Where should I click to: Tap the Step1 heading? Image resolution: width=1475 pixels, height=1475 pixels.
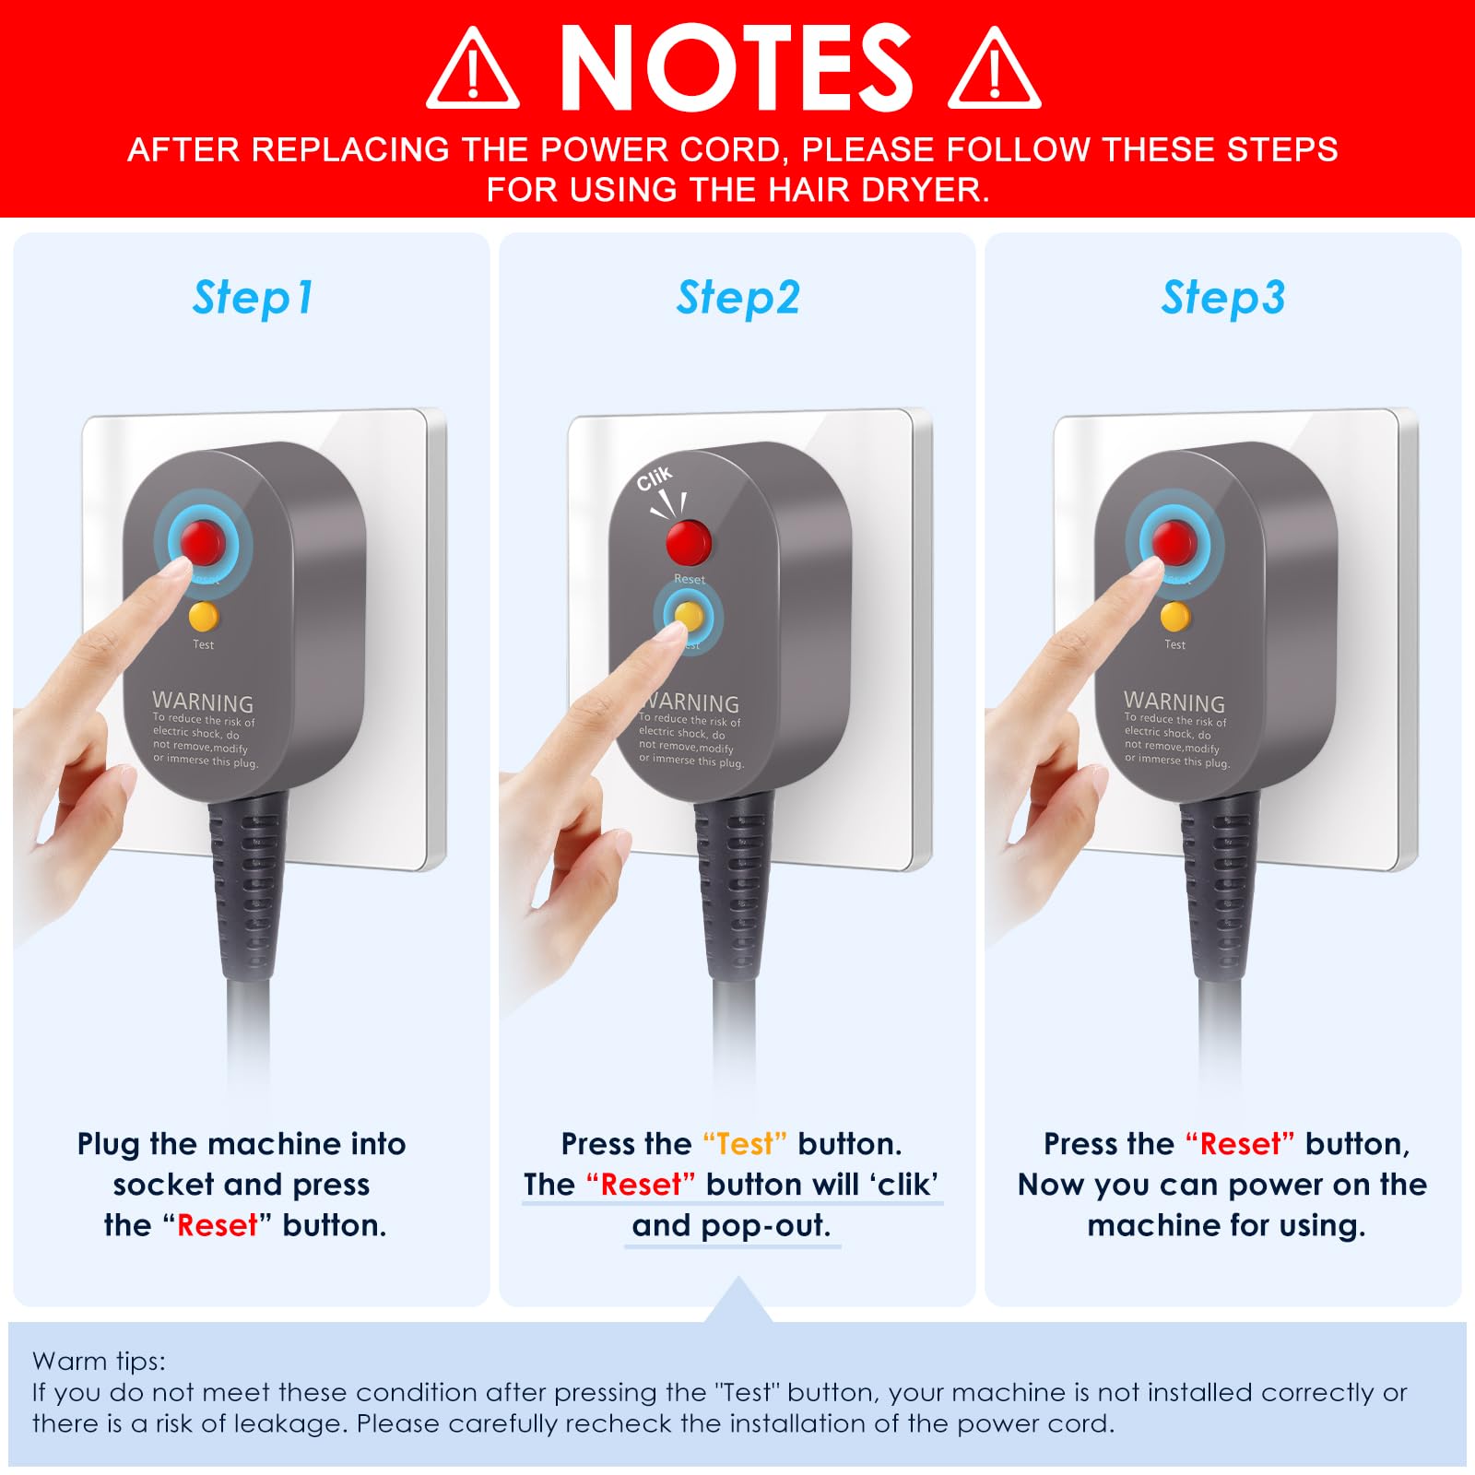click(x=253, y=299)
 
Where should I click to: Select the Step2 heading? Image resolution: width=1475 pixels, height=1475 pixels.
click(x=737, y=299)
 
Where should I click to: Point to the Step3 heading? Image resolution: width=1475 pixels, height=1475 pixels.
click(x=1222, y=299)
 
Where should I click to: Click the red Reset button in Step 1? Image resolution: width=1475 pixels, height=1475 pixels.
click(x=202, y=542)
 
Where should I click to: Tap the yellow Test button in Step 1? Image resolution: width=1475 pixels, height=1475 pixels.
click(x=203, y=616)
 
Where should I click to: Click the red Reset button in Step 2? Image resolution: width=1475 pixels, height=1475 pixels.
click(x=689, y=542)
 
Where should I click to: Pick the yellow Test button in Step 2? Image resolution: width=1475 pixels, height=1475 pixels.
click(x=689, y=616)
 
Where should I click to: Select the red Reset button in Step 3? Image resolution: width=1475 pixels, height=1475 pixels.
click(x=1174, y=542)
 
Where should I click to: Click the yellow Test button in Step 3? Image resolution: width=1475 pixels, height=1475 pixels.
click(x=1174, y=616)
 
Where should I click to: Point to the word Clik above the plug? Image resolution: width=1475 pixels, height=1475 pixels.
click(x=655, y=478)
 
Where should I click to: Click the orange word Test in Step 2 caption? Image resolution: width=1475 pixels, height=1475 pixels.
click(x=745, y=1144)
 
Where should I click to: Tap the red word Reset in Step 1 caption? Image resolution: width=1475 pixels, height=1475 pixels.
click(x=218, y=1225)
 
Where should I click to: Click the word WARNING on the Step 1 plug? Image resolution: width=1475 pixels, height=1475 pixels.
click(x=203, y=702)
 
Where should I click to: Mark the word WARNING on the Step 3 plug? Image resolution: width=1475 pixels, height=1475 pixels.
click(x=1174, y=702)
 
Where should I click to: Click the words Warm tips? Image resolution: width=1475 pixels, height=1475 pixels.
click(x=99, y=1362)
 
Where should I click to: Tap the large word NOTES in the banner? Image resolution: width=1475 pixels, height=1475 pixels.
click(x=735, y=66)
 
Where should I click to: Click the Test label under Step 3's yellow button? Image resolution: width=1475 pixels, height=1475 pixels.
click(x=1174, y=644)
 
